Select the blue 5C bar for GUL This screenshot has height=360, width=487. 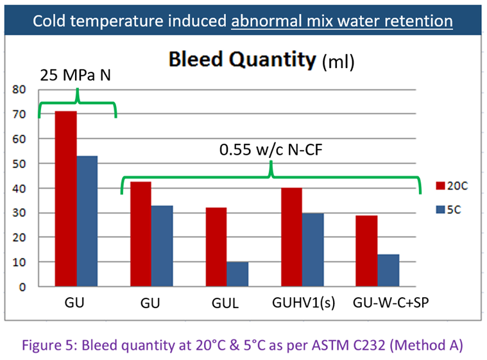tap(237, 275)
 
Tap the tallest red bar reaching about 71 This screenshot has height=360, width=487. tap(66, 199)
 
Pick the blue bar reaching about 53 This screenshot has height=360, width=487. tap(87, 221)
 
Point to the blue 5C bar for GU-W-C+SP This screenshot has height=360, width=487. tap(389, 271)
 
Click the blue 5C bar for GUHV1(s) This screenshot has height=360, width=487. tap(313, 250)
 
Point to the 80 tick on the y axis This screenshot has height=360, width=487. tap(22, 90)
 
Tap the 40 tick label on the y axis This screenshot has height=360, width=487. tap(22, 189)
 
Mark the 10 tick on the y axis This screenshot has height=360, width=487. tap(22, 262)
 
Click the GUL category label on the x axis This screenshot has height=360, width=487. tap(226, 304)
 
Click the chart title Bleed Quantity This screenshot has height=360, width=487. tap(242, 60)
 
